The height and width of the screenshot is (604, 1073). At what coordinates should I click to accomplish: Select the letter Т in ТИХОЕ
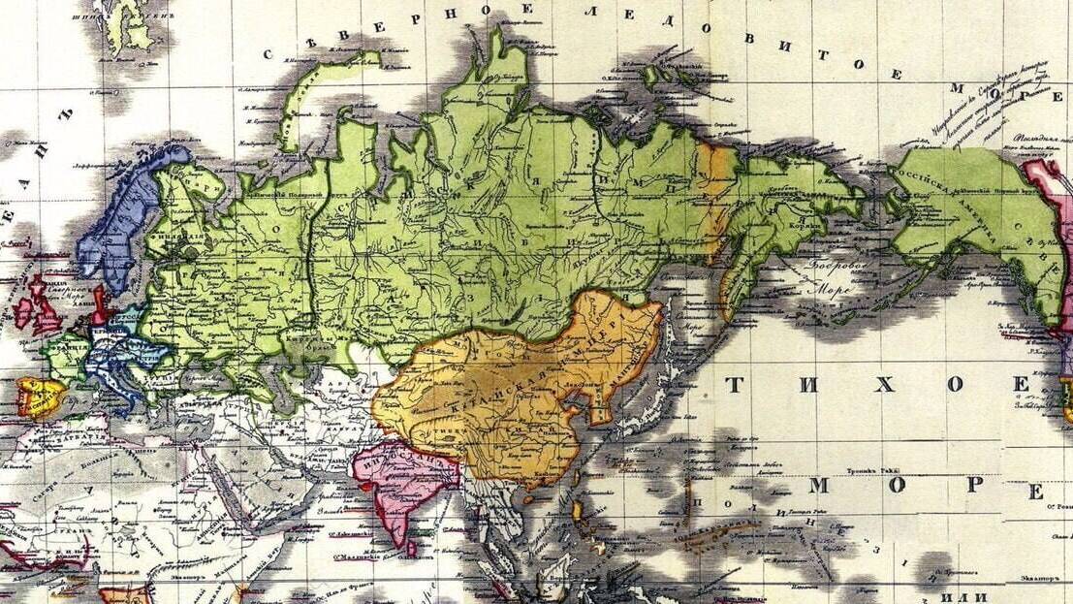point(733,385)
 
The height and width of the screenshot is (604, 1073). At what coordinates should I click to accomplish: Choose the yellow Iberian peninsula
point(39,396)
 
